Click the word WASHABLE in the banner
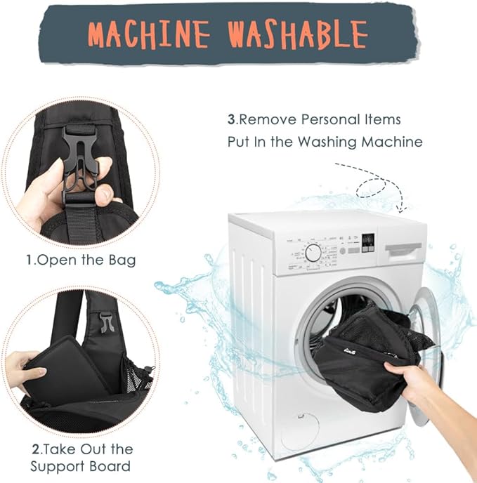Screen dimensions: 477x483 pyautogui.click(x=298, y=34)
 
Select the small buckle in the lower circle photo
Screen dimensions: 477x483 pyautogui.click(x=105, y=322)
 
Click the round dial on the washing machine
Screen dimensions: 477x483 pyautogui.click(x=313, y=253)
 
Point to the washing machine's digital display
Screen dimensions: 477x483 pyautogui.click(x=368, y=243)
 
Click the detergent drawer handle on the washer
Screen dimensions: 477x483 pyautogui.click(x=403, y=250)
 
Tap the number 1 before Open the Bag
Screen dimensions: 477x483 pyautogui.click(x=30, y=260)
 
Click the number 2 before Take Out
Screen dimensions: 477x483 pyautogui.click(x=36, y=449)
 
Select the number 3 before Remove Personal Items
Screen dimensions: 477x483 pyautogui.click(x=232, y=119)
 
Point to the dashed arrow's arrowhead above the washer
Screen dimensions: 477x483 pyautogui.click(x=401, y=209)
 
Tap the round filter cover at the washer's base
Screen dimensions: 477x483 pyautogui.click(x=301, y=430)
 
